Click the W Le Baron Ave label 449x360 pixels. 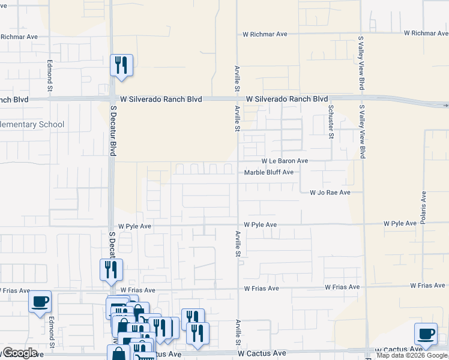[x=285, y=161]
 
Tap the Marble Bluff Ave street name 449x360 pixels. [x=268, y=172]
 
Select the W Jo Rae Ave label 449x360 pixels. [x=330, y=193]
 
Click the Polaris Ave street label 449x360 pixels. [x=423, y=206]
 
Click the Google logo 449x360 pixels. [x=20, y=353]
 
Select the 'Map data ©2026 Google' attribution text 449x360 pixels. [x=412, y=356]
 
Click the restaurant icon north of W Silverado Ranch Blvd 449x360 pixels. [x=121, y=65]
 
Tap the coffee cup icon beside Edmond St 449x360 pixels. [x=40, y=301]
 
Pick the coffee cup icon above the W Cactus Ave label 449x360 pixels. [x=426, y=333]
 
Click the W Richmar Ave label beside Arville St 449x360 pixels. [x=265, y=34]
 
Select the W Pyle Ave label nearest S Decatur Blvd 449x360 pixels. [x=134, y=227]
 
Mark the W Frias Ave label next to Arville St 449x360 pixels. [x=261, y=289]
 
